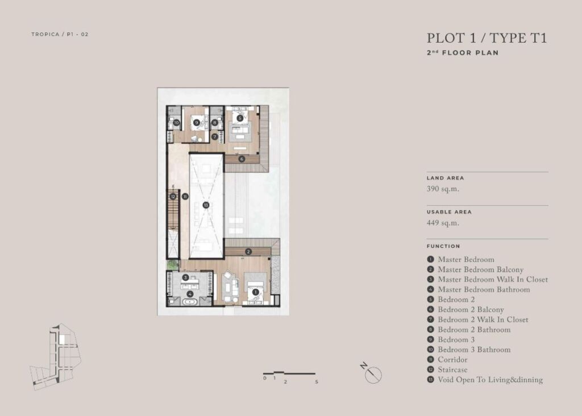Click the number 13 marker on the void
click(206, 205)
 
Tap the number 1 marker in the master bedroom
click(255, 292)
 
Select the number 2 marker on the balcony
click(248, 252)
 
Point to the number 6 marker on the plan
click(242, 159)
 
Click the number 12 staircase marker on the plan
click(173, 196)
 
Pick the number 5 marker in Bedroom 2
click(240, 118)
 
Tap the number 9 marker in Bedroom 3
click(197, 122)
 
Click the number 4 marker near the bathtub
click(190, 294)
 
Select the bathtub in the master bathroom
click(190, 302)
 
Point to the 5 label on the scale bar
click(317, 381)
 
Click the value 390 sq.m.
click(443, 189)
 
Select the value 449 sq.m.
click(443, 223)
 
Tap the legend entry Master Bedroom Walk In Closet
click(493, 280)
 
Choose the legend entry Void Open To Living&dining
click(490, 380)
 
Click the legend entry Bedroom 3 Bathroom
click(474, 350)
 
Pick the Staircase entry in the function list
click(452, 369)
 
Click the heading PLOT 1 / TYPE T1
click(487, 38)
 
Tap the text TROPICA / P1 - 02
click(60, 34)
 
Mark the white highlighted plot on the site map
click(62, 339)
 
